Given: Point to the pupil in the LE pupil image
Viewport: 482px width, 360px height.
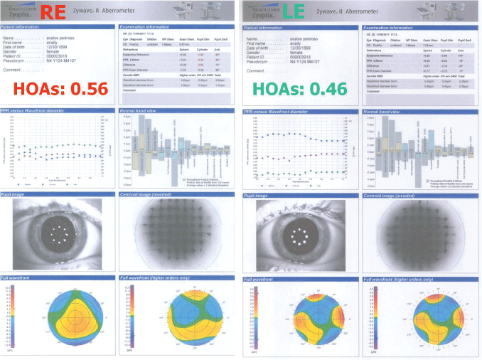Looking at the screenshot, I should tap(298, 230).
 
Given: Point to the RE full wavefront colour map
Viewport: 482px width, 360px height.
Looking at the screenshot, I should tap(60, 317).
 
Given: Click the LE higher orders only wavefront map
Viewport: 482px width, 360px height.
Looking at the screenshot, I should tap(419, 317).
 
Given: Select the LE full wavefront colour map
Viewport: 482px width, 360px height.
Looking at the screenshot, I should tap(299, 317).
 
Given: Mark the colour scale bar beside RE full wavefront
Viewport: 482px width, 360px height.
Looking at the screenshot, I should tap(9, 317).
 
